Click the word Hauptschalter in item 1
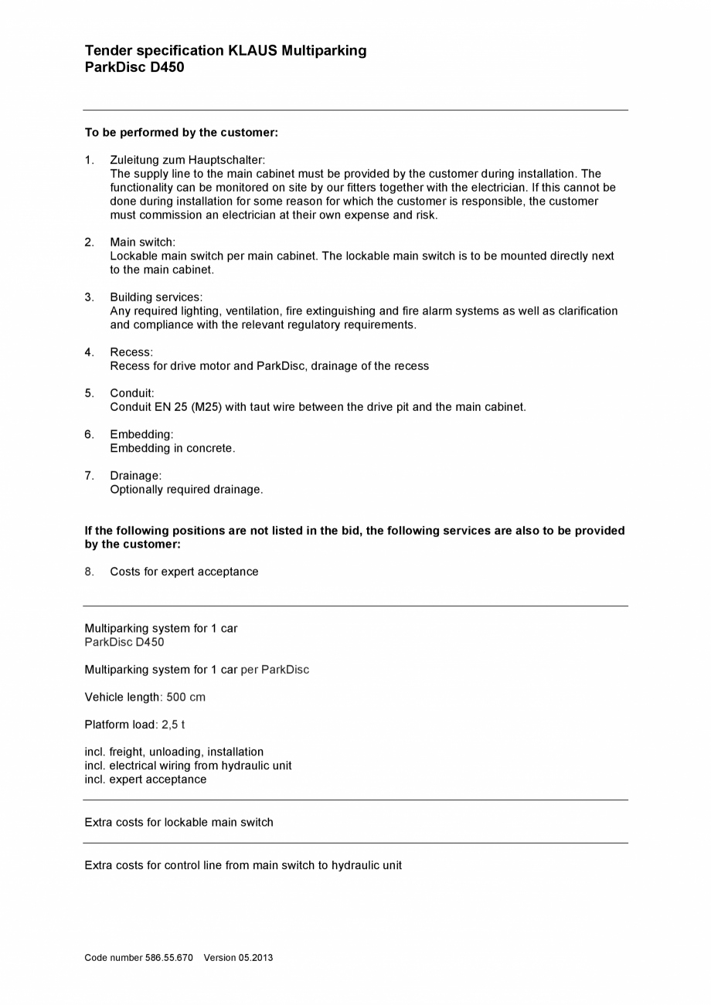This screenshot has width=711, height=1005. click(226, 160)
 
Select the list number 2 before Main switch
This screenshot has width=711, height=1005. click(90, 243)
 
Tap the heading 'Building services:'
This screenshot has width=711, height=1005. click(156, 297)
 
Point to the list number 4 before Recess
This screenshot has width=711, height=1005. click(90, 352)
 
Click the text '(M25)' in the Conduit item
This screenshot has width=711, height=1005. click(206, 407)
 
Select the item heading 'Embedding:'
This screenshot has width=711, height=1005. click(141, 435)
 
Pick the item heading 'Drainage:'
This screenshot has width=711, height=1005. click(136, 476)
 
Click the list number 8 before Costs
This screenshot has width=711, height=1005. click(90, 572)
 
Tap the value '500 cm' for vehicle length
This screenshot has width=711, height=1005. click(186, 698)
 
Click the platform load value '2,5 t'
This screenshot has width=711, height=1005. click(173, 725)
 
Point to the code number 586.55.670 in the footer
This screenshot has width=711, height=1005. click(169, 958)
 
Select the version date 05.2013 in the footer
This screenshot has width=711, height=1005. click(257, 958)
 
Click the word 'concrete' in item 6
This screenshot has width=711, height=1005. click(210, 449)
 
